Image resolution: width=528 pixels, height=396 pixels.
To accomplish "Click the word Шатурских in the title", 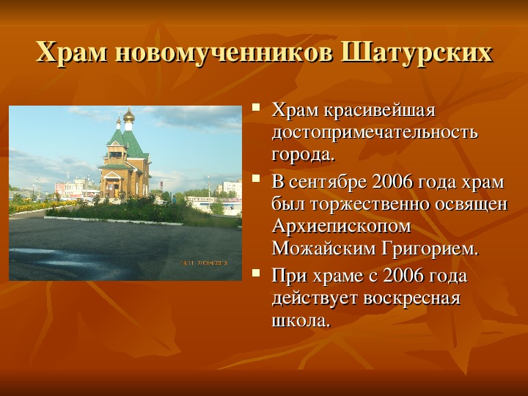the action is pos(417,52).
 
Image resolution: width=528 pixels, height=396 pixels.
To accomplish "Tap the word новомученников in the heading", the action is pos(223,54).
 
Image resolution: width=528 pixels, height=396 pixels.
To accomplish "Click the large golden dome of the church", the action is pos(129,117).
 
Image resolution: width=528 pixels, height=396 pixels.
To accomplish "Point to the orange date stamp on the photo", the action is pos(204,263).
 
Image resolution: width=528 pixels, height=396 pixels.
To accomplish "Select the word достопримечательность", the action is pos(375,132).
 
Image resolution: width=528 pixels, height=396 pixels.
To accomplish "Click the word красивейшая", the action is pos(380,111).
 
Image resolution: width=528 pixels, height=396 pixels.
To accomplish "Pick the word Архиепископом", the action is pos(342,227).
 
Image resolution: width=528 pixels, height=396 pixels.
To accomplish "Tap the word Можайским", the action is pos(323,249).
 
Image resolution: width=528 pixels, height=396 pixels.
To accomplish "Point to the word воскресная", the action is pos(412,299).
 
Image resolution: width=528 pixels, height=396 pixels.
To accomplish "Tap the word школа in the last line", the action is pos(300,320).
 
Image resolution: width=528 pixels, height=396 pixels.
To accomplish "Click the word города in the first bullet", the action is pos(304,155).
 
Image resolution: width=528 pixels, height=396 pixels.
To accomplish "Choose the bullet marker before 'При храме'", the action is pos(256,272).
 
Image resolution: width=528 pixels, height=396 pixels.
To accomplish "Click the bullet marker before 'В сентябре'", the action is pos(256,177).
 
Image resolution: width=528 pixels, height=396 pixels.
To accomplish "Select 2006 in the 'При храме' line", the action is pos(403,276).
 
